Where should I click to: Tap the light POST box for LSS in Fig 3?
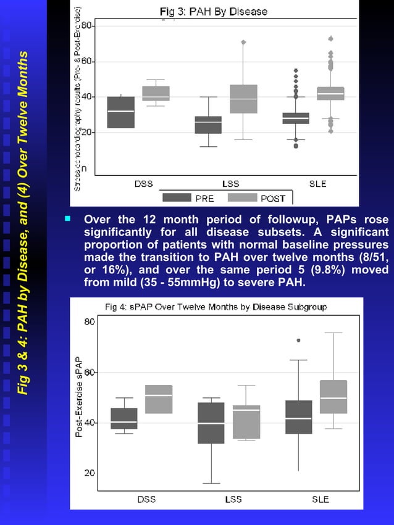click(x=243, y=99)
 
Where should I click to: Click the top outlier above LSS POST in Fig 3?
click(x=243, y=42)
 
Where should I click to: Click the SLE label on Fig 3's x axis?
click(x=318, y=183)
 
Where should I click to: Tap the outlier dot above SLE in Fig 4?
click(x=299, y=340)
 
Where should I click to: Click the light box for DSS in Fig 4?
click(x=159, y=399)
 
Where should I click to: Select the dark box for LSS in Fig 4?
click(x=211, y=423)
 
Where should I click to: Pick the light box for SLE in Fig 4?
click(x=333, y=397)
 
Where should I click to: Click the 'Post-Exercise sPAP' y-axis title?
click(x=79, y=397)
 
